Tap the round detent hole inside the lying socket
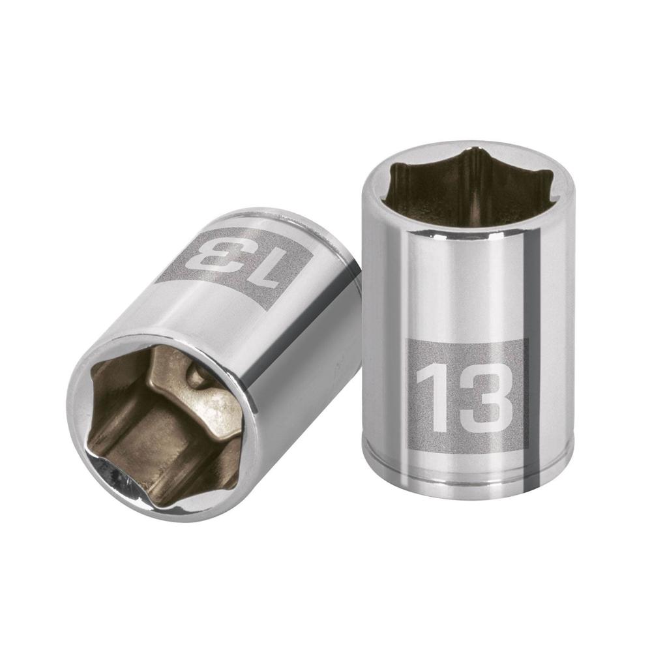(194, 378)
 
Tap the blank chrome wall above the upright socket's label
(456, 287)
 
